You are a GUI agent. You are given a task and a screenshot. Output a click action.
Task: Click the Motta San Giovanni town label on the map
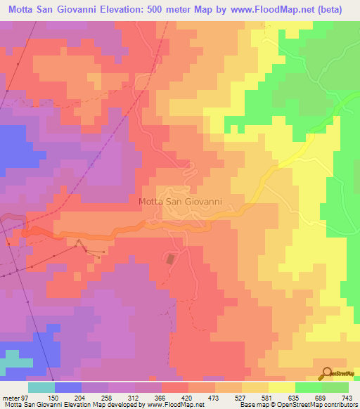[181, 201]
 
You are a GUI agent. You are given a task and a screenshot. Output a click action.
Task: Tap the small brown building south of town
[169, 259]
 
